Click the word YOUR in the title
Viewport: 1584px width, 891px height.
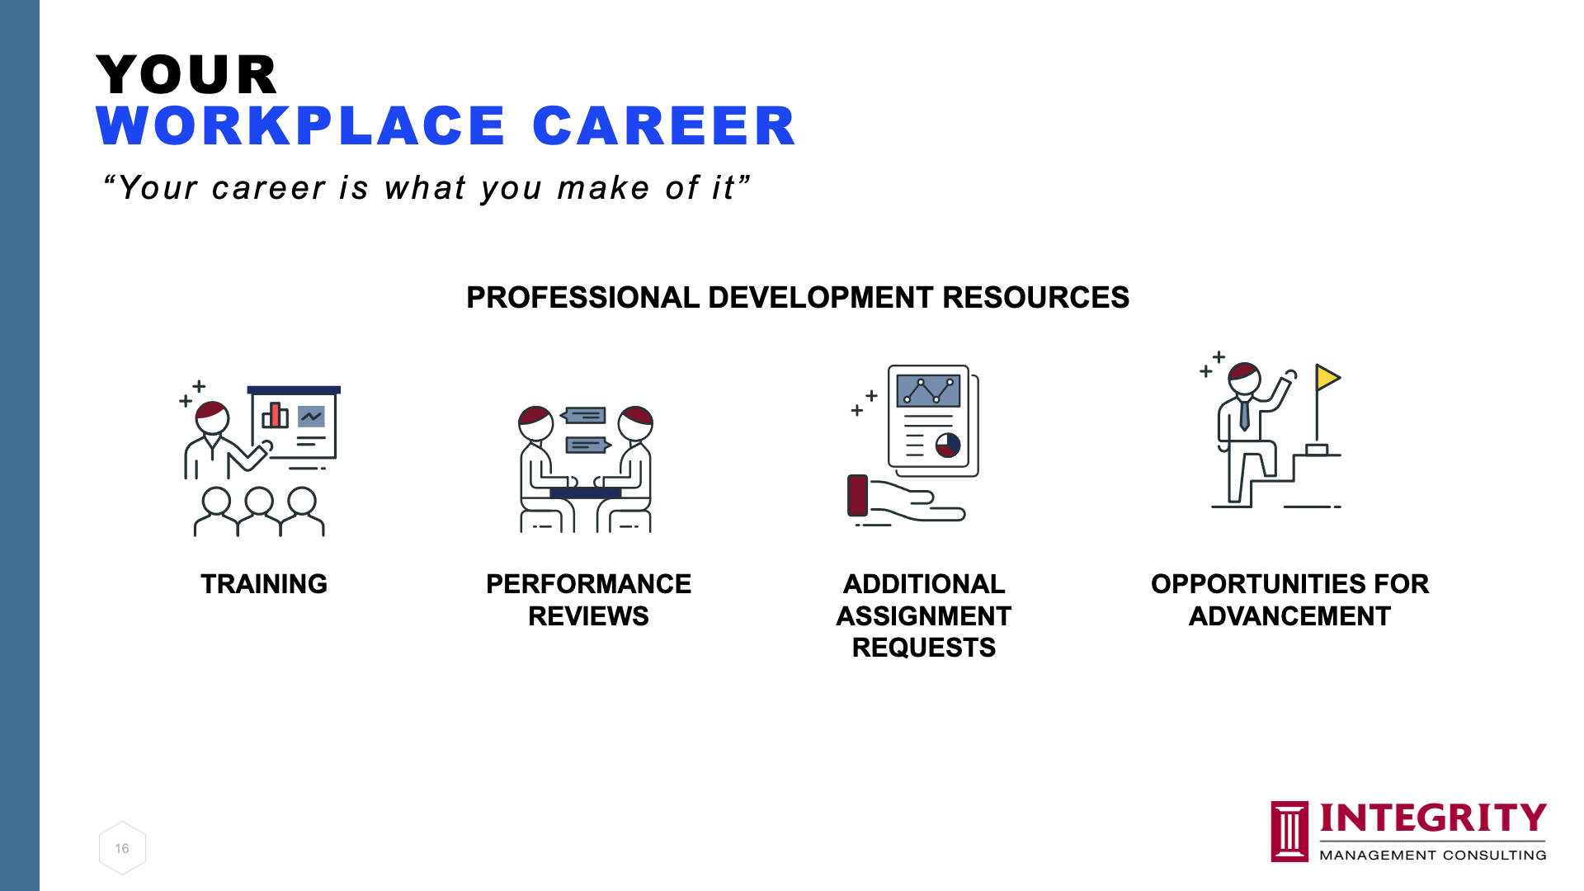186,74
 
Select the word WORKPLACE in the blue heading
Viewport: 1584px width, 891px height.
300,126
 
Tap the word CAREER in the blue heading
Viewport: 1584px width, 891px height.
664,126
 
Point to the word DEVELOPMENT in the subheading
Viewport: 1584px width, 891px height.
821,297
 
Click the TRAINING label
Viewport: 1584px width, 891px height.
264,584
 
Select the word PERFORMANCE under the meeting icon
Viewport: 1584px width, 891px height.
588,584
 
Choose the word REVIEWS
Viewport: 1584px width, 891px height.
588,616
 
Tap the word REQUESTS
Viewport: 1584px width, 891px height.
924,648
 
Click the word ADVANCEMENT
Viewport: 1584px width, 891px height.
1289,616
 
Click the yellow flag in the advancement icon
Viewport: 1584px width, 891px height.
1327,378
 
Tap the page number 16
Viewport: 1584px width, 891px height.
122,848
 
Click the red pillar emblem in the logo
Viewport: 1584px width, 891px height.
1289,832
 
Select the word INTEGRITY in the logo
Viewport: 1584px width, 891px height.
1433,818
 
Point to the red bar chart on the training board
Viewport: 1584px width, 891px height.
275,414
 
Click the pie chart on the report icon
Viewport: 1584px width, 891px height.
948,445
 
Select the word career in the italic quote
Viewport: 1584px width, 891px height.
269,188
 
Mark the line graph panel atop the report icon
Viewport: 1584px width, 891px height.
928,391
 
